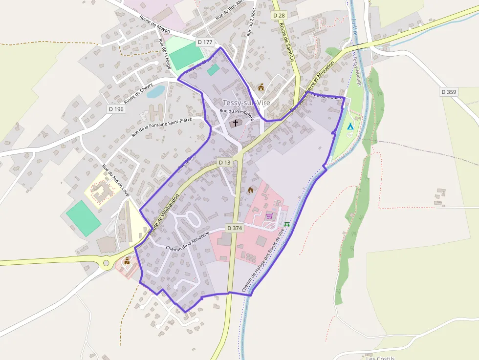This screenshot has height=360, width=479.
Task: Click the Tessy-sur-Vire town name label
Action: [246, 103]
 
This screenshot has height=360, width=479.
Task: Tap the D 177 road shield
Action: [205, 42]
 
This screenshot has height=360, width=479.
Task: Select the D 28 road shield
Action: [279, 16]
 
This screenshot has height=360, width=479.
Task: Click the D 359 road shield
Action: [448, 91]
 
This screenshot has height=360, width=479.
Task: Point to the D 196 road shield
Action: [116, 109]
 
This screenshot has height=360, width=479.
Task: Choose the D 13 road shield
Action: [224, 162]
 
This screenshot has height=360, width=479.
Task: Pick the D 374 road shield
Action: [235, 228]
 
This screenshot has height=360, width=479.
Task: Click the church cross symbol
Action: [236, 123]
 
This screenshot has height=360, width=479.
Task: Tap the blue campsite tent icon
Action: [350, 127]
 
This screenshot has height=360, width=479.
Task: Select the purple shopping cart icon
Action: [269, 215]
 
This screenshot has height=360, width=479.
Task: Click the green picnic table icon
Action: [287, 225]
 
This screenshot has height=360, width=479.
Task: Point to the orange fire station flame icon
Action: [251, 190]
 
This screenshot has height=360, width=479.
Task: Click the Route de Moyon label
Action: [154, 24]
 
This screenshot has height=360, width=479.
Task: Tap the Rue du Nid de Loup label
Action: [115, 180]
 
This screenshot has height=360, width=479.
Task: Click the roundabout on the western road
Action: [106, 264]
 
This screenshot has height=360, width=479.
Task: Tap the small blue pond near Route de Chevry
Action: [156, 91]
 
